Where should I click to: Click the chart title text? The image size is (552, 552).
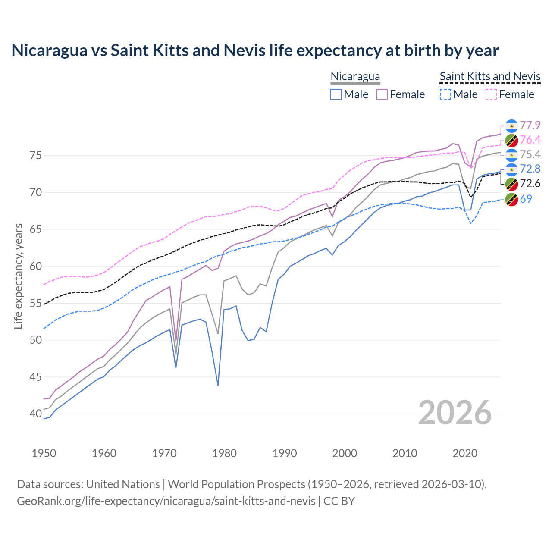coord(255,50)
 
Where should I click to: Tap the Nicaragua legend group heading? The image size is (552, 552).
coord(355,77)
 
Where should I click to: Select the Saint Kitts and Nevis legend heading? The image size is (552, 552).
coord(490,77)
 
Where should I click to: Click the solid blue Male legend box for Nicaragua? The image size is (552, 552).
coord(336,94)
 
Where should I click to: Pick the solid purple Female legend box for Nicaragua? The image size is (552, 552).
coord(382,94)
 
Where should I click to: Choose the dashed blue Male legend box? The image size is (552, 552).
coord(445,94)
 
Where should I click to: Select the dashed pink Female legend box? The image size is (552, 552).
coord(492,94)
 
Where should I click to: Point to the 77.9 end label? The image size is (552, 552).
coord(530,125)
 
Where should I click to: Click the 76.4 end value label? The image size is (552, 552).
coord(530,140)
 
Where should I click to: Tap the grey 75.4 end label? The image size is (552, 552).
coord(530,154)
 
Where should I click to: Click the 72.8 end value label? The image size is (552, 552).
coord(530,169)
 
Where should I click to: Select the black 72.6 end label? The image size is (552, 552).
coord(530,183)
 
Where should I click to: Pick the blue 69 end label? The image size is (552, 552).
coord(526,199)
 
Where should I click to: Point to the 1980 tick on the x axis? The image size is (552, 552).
coord(224,453)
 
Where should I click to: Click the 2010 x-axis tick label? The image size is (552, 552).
coord(405,453)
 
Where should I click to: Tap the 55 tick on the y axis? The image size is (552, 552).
coord(35,303)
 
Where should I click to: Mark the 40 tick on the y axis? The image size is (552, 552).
coord(35,414)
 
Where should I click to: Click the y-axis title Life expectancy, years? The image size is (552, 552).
coord(18,276)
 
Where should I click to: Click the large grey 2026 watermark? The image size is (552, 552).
coord(455,413)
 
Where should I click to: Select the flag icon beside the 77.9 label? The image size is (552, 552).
coord(511,125)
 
